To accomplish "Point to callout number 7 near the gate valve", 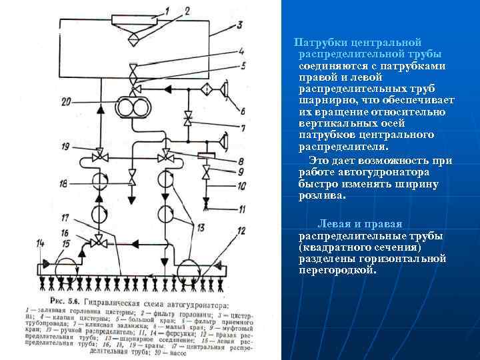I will pos(224,127).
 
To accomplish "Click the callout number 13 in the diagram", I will pos(200,227).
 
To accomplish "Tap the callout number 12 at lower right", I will pos(241,231).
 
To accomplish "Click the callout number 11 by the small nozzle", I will pos(223,209).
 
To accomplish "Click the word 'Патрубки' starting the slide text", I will pos(319,43).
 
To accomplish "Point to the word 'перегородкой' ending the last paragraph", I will pos(338,271).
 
